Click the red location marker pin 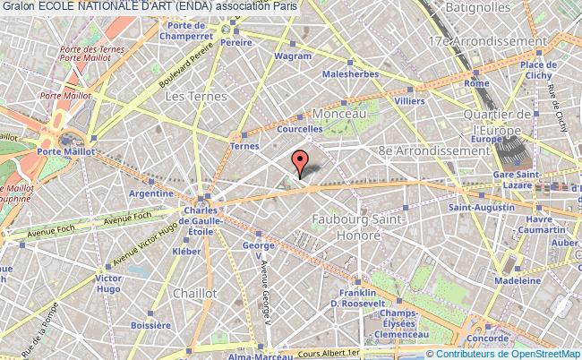point(300,163)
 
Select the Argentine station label point(150,193)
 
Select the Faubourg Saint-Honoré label point(359,225)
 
